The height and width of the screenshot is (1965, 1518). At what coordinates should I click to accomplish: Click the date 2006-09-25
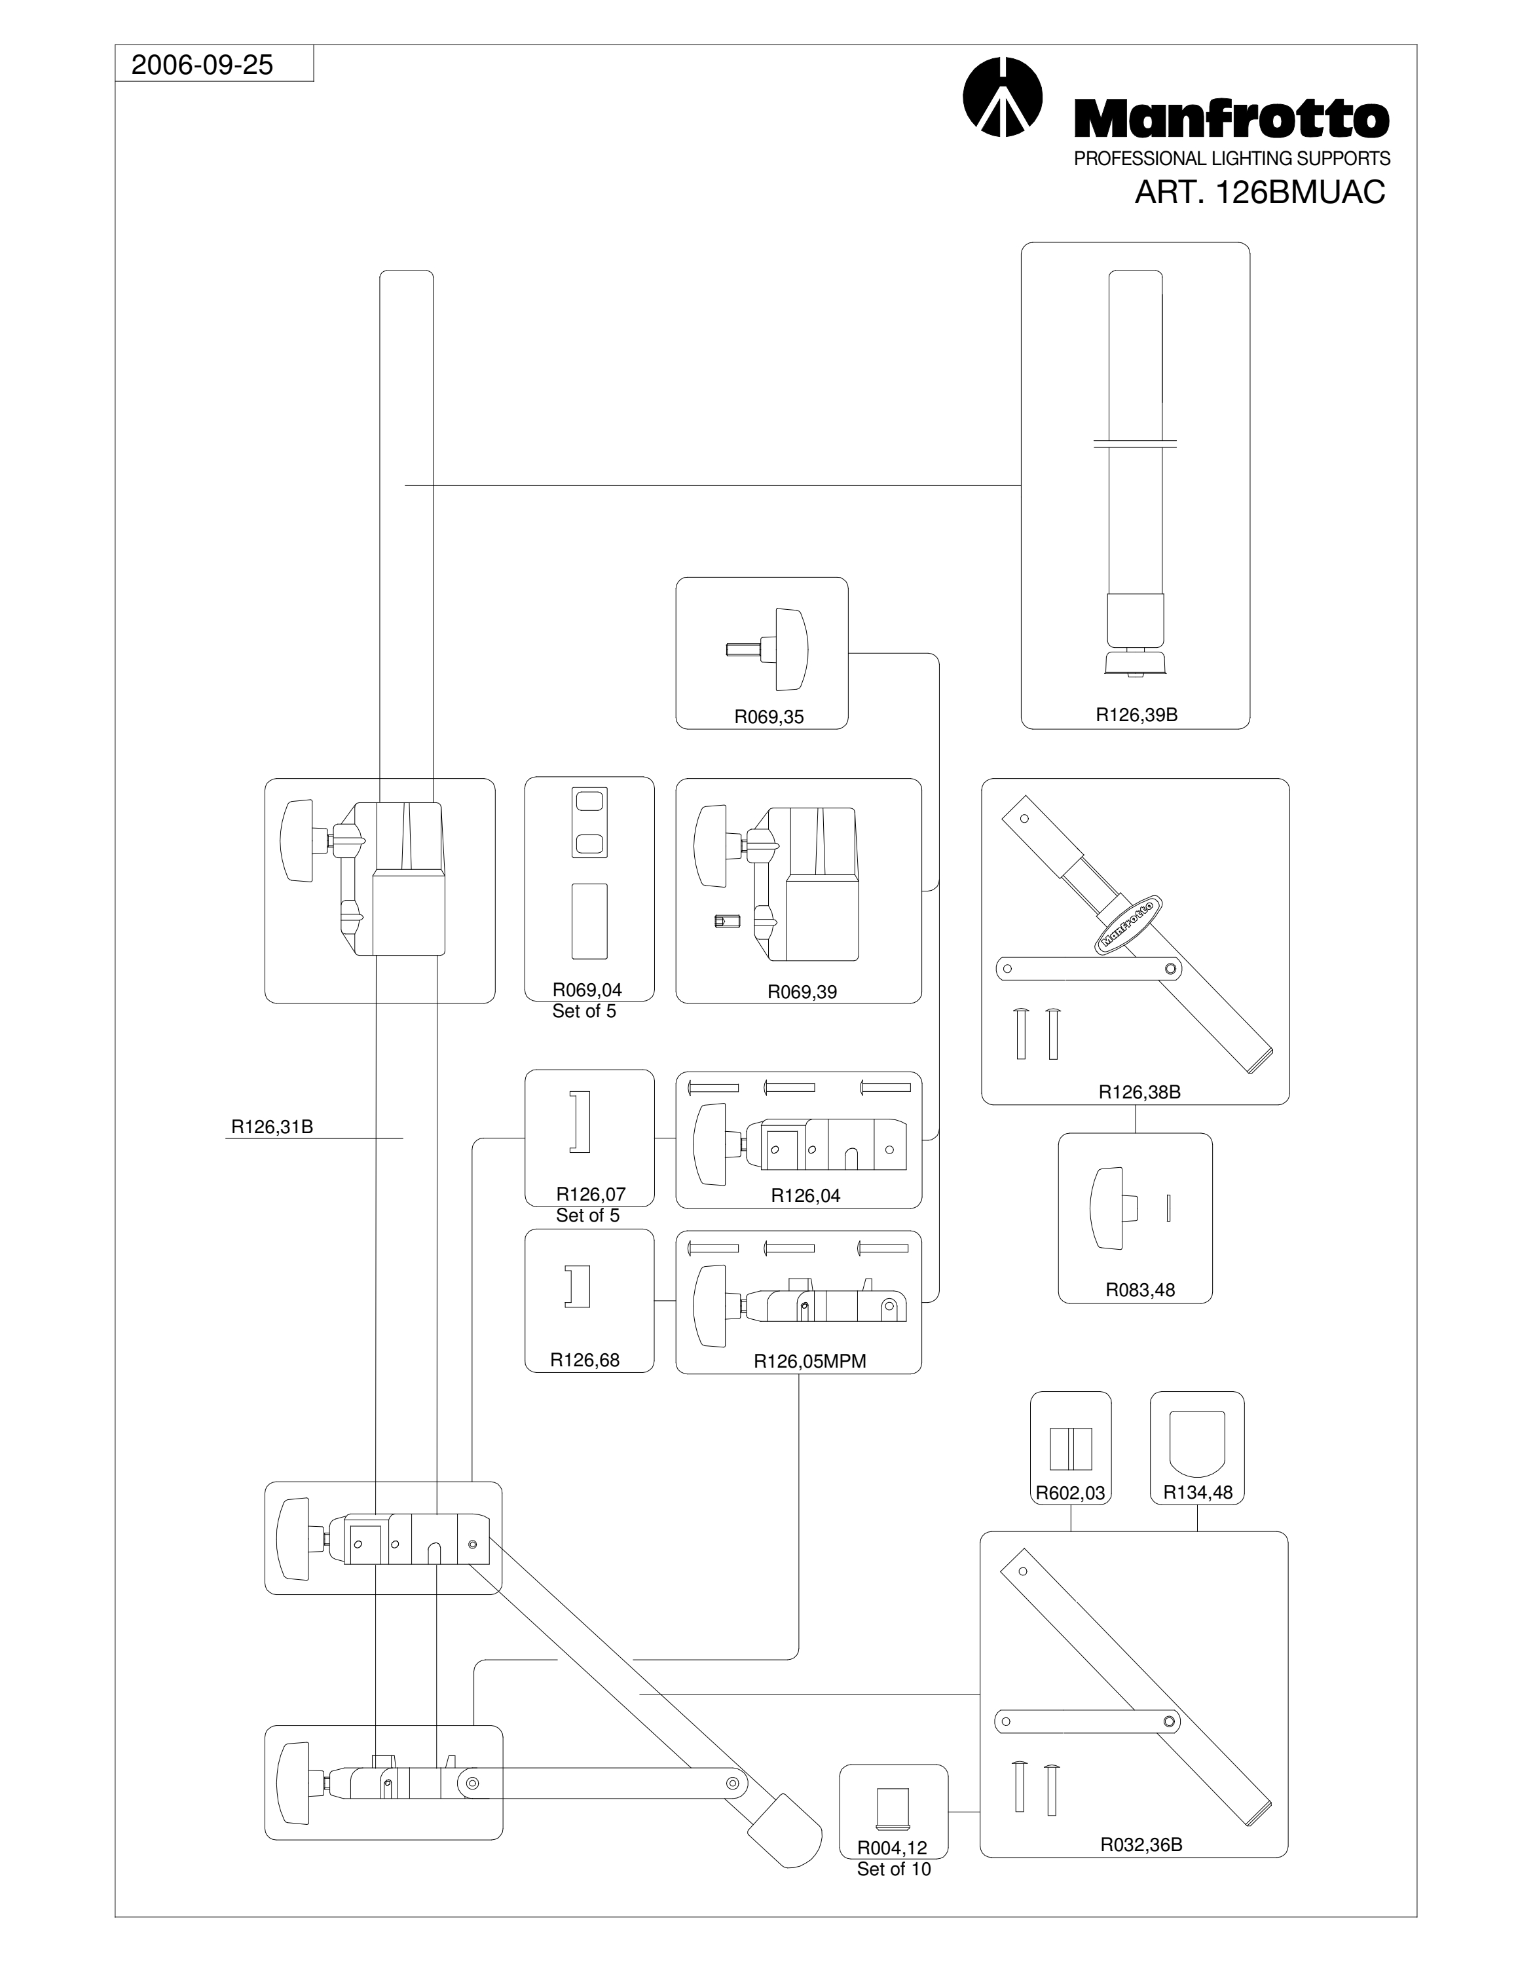pyautogui.click(x=202, y=65)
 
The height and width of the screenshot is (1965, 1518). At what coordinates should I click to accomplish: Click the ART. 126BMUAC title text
pyautogui.click(x=1260, y=193)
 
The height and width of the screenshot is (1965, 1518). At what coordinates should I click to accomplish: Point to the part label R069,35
pyautogui.click(x=769, y=717)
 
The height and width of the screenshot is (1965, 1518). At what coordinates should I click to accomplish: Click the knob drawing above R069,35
pyautogui.click(x=767, y=648)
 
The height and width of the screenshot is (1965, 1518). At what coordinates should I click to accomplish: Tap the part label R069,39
pyautogui.click(x=802, y=992)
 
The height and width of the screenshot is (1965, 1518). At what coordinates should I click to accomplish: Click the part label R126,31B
pyautogui.click(x=272, y=1127)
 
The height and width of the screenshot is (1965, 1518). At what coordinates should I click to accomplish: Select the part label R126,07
pyautogui.click(x=591, y=1194)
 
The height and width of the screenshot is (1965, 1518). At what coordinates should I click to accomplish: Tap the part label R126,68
pyautogui.click(x=585, y=1360)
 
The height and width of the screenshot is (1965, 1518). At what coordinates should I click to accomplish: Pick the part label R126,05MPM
pyautogui.click(x=809, y=1361)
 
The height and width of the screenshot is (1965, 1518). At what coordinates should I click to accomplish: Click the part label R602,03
pyautogui.click(x=1070, y=1493)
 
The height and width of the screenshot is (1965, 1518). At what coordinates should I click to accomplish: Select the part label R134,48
pyautogui.click(x=1198, y=1493)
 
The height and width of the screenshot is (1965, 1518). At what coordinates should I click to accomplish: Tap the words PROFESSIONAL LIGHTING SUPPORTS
pyautogui.click(x=1232, y=159)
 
